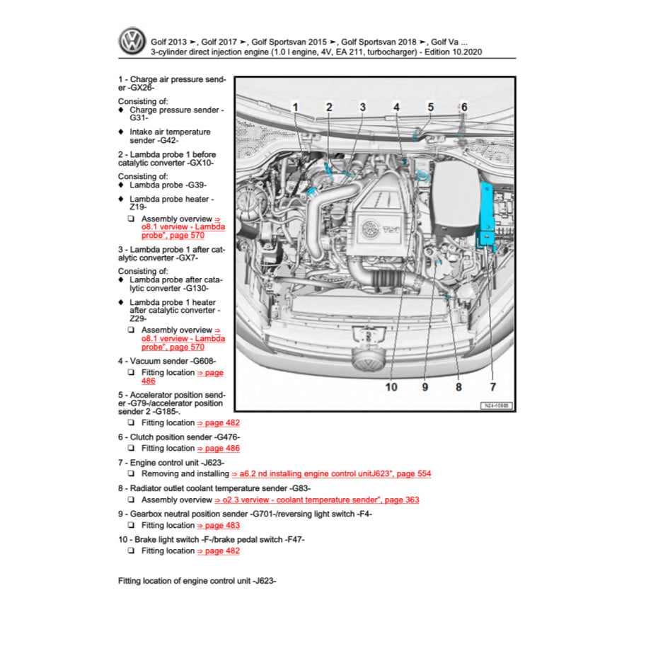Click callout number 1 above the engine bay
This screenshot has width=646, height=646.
click(x=296, y=107)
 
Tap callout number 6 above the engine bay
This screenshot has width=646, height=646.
click(x=464, y=107)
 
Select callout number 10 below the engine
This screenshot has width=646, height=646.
click(x=391, y=387)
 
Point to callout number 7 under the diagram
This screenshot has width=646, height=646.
click(x=492, y=387)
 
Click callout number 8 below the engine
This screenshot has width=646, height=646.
click(x=458, y=387)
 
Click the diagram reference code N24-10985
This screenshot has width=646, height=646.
click(x=497, y=406)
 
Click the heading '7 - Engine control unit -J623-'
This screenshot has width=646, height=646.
click(x=175, y=463)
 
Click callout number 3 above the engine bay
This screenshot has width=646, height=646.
click(x=362, y=107)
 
